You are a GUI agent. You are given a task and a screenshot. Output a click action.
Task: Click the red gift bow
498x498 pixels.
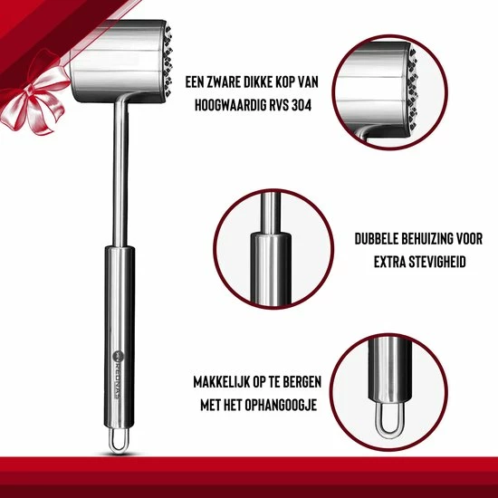[34, 94]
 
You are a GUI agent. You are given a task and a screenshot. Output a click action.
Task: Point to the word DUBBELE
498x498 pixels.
[376, 239]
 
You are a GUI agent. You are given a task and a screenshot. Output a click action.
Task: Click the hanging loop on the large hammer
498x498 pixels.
[119, 441]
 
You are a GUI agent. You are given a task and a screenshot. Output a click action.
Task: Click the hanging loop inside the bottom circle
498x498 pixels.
[390, 420]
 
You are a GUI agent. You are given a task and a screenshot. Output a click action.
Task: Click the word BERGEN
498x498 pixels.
[302, 382]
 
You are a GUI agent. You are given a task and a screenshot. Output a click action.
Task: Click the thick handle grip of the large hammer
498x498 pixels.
[120, 338]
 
